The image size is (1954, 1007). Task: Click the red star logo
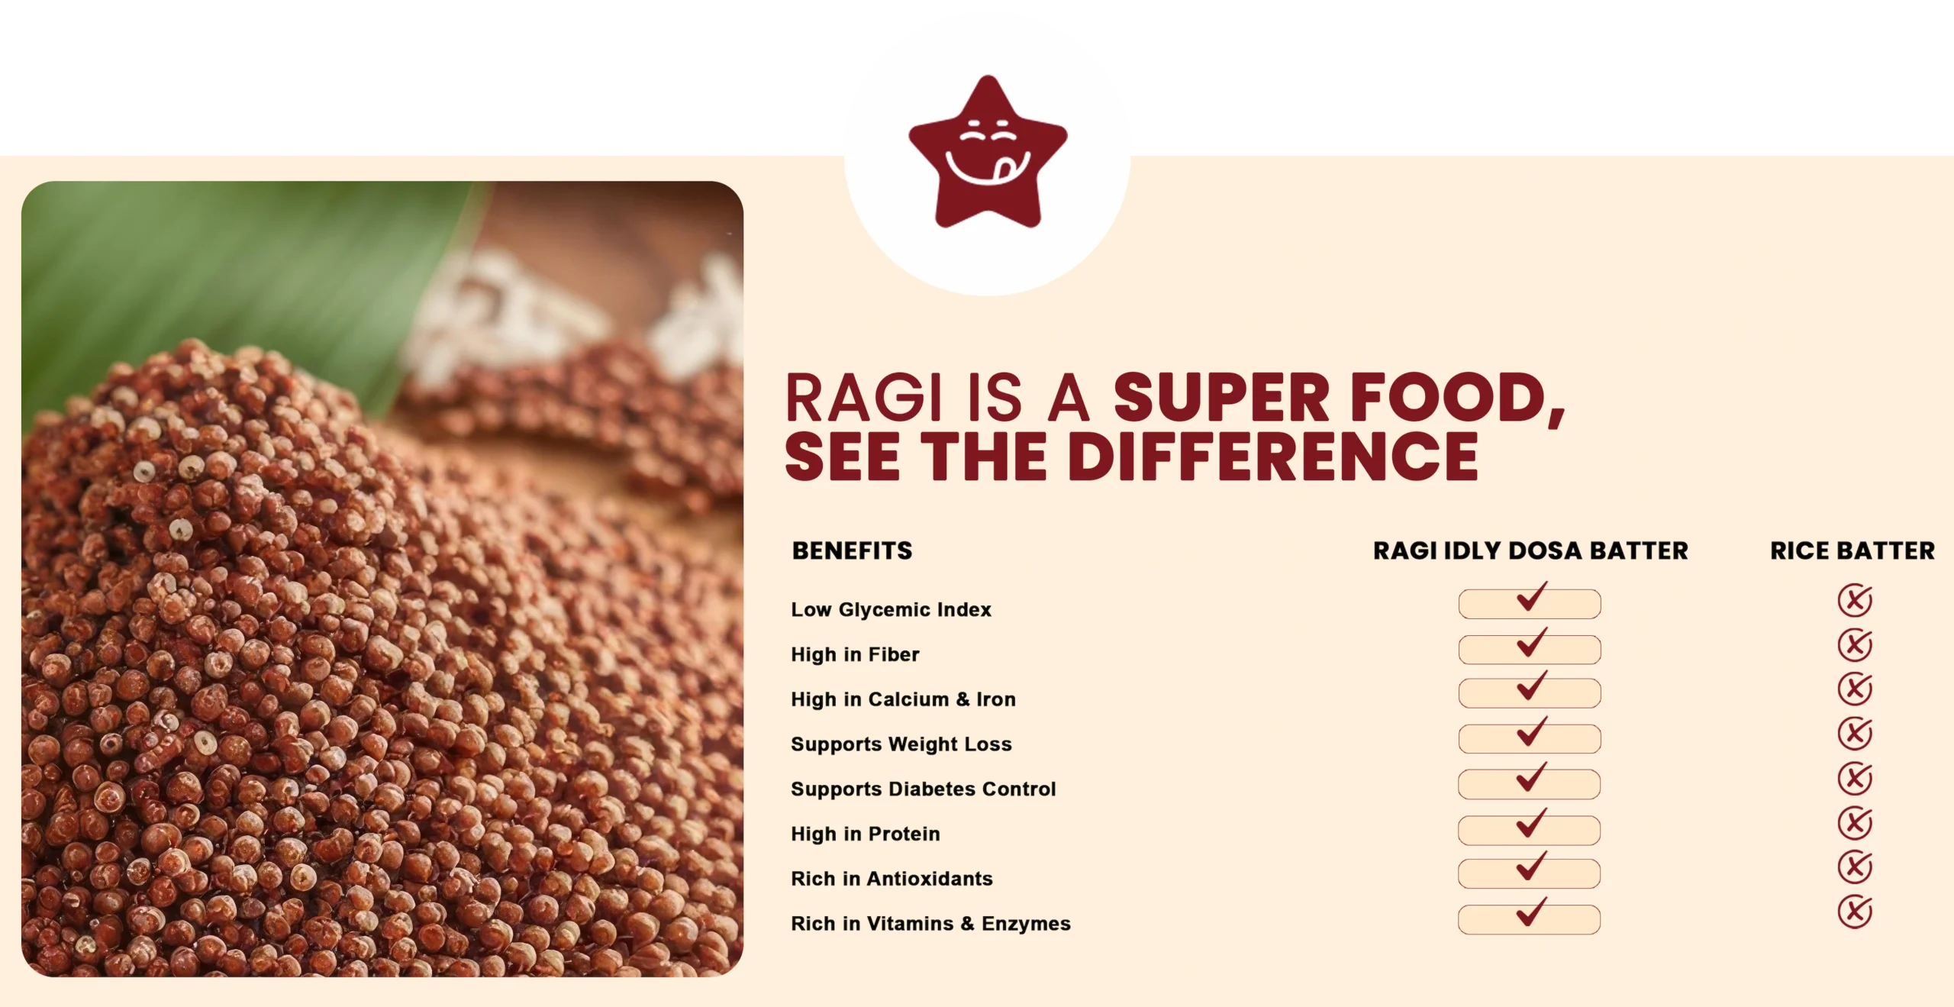point(988,153)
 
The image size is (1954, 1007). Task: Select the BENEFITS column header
point(852,550)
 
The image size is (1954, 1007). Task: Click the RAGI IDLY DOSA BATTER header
point(1530,550)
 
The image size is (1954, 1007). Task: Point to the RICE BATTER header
point(1852,550)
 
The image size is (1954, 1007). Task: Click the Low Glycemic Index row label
point(891,609)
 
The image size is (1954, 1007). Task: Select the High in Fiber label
point(855,654)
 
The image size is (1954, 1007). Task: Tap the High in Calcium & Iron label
point(903,699)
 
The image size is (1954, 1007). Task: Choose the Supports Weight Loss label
point(901,744)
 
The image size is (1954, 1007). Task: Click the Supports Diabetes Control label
point(924,789)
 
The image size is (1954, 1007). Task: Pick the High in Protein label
point(866,834)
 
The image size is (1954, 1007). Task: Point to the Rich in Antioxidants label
point(892,879)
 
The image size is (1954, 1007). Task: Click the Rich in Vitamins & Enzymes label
point(930,924)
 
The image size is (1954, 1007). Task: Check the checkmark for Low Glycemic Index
point(1531,596)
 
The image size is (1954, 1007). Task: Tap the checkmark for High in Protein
point(1531,822)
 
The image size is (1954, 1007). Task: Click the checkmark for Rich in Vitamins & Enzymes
point(1531,912)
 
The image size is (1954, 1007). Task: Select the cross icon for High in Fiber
point(1855,645)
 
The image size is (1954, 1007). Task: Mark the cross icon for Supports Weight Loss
point(1855,734)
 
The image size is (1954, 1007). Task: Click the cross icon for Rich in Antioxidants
point(1855,867)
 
